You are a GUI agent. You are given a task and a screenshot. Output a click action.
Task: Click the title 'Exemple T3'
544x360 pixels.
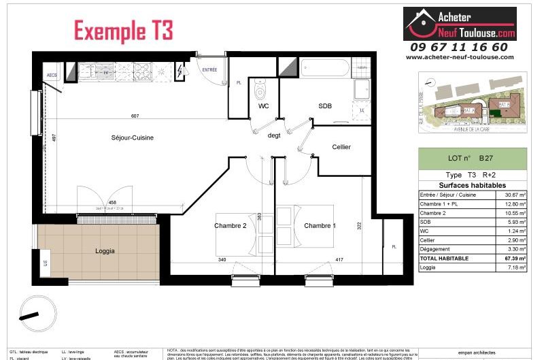coord(123,31)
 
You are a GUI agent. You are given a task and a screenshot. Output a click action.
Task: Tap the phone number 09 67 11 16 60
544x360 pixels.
coord(458,47)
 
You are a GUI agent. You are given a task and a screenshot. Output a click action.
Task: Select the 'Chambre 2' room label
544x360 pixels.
coord(230,226)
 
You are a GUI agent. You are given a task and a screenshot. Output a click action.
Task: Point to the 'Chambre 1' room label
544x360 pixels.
coord(320,226)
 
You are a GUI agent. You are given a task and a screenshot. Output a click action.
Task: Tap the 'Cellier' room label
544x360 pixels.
coord(341,148)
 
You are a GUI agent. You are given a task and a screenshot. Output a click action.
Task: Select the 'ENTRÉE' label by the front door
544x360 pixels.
coord(210,69)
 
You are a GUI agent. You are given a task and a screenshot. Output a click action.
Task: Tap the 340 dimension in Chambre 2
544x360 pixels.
coord(222,259)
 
